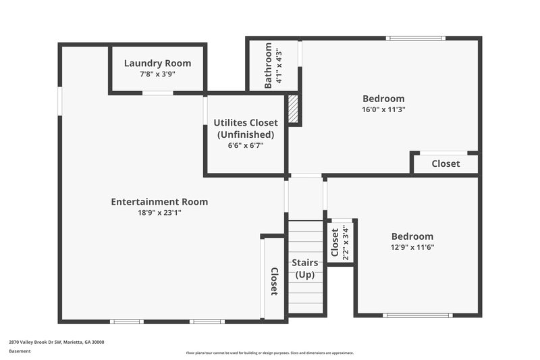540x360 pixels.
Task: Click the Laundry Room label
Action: click(157, 63)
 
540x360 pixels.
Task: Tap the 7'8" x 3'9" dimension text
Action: click(157, 75)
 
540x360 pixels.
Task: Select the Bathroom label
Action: click(269, 66)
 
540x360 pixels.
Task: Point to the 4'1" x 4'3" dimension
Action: click(278, 66)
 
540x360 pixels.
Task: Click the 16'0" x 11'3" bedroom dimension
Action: click(383, 109)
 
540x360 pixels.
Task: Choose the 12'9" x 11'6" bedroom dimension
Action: click(412, 247)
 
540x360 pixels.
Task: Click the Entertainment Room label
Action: click(159, 201)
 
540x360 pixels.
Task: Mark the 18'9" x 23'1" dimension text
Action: click(159, 213)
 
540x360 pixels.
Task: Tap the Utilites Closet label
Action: click(246, 122)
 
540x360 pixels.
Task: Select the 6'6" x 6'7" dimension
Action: click(246, 145)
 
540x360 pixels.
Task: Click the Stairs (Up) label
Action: click(305, 268)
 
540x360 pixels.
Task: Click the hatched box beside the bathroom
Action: click(293, 108)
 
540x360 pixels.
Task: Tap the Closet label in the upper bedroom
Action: click(446, 163)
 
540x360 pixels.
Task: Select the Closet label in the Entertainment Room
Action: click(274, 282)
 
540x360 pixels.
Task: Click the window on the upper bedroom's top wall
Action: click(415, 38)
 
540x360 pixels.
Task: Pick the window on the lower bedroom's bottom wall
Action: click(417, 315)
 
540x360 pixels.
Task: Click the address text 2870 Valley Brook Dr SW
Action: click(56, 342)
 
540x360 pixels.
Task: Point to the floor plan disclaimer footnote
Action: click(269, 353)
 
